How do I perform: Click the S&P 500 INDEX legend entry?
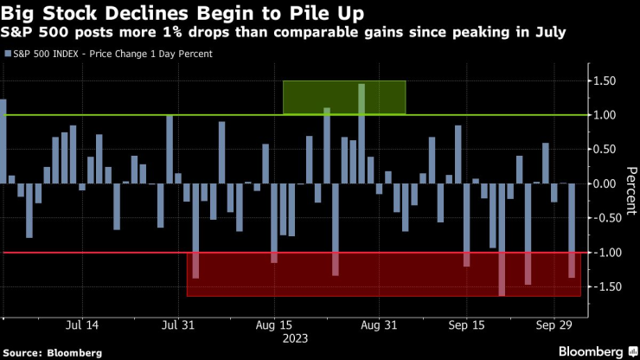112,54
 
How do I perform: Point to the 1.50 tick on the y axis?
610,81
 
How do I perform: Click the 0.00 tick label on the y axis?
610,184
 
